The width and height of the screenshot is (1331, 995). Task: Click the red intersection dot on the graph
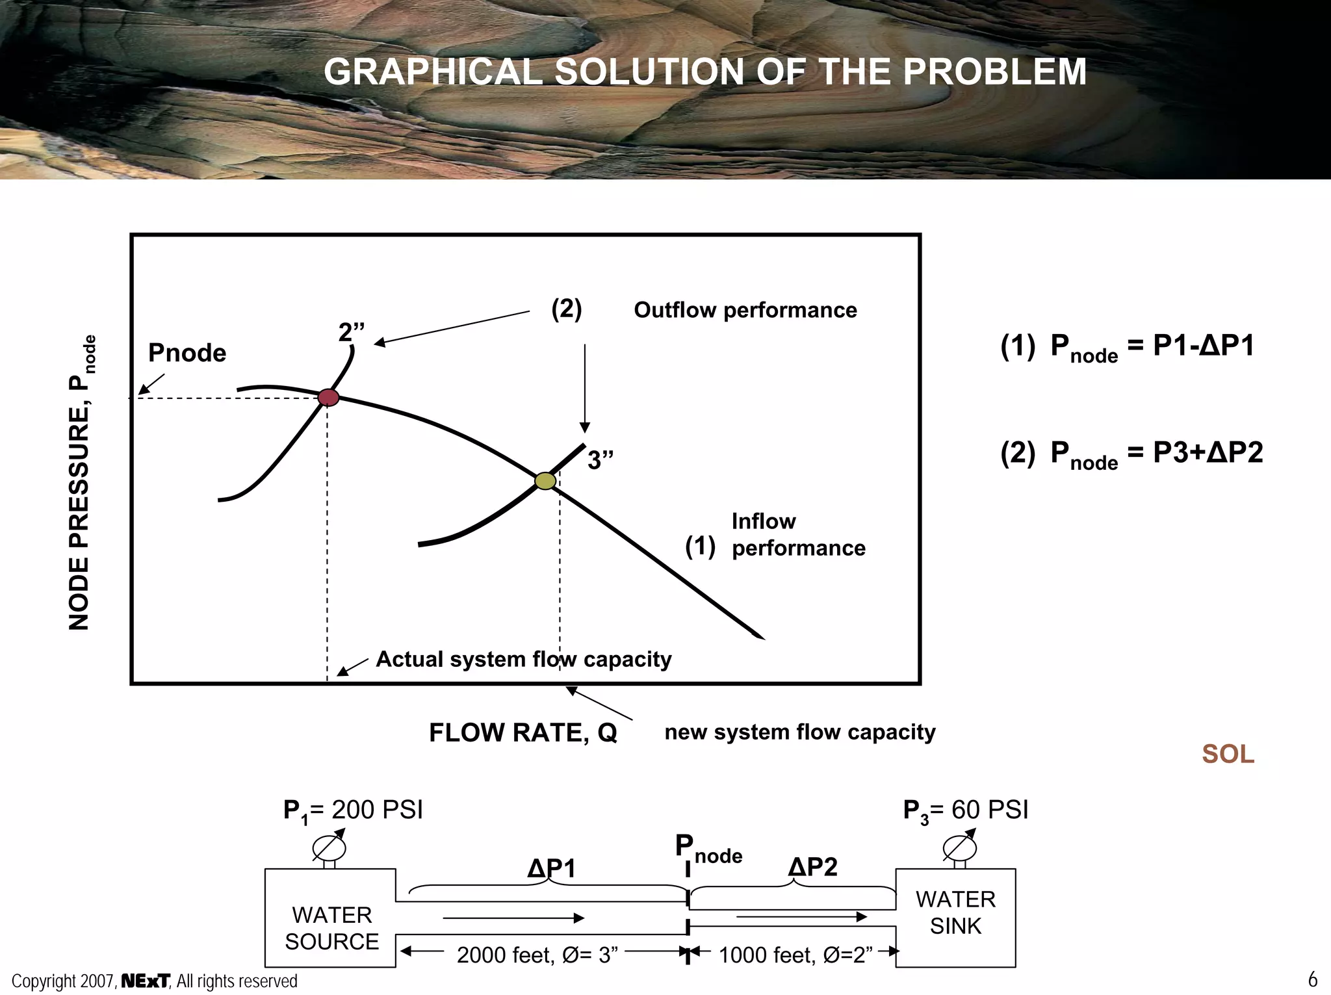point(328,397)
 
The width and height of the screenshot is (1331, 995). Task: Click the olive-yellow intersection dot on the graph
point(545,480)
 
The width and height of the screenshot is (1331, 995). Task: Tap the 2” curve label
point(351,332)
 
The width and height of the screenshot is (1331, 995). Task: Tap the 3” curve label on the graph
point(600,460)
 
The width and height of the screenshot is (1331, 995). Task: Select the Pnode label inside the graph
point(187,353)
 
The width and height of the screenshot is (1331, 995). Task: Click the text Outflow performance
point(745,310)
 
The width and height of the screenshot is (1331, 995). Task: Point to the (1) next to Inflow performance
point(700,546)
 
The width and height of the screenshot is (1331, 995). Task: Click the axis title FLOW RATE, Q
point(523,732)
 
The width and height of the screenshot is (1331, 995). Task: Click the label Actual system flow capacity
point(523,659)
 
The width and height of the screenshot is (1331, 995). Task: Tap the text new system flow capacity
point(799,732)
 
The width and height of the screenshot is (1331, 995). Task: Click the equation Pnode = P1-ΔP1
point(1127,347)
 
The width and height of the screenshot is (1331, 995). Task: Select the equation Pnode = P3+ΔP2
point(1131,454)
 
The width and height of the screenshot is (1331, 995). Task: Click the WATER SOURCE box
point(331,927)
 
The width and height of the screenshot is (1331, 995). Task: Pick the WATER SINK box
point(955,912)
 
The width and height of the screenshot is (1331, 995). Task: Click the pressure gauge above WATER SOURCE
point(329,847)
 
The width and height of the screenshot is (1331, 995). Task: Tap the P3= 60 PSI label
point(966,810)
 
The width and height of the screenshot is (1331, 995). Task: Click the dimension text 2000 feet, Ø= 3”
point(537,955)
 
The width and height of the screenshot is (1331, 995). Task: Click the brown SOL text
point(1228,754)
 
